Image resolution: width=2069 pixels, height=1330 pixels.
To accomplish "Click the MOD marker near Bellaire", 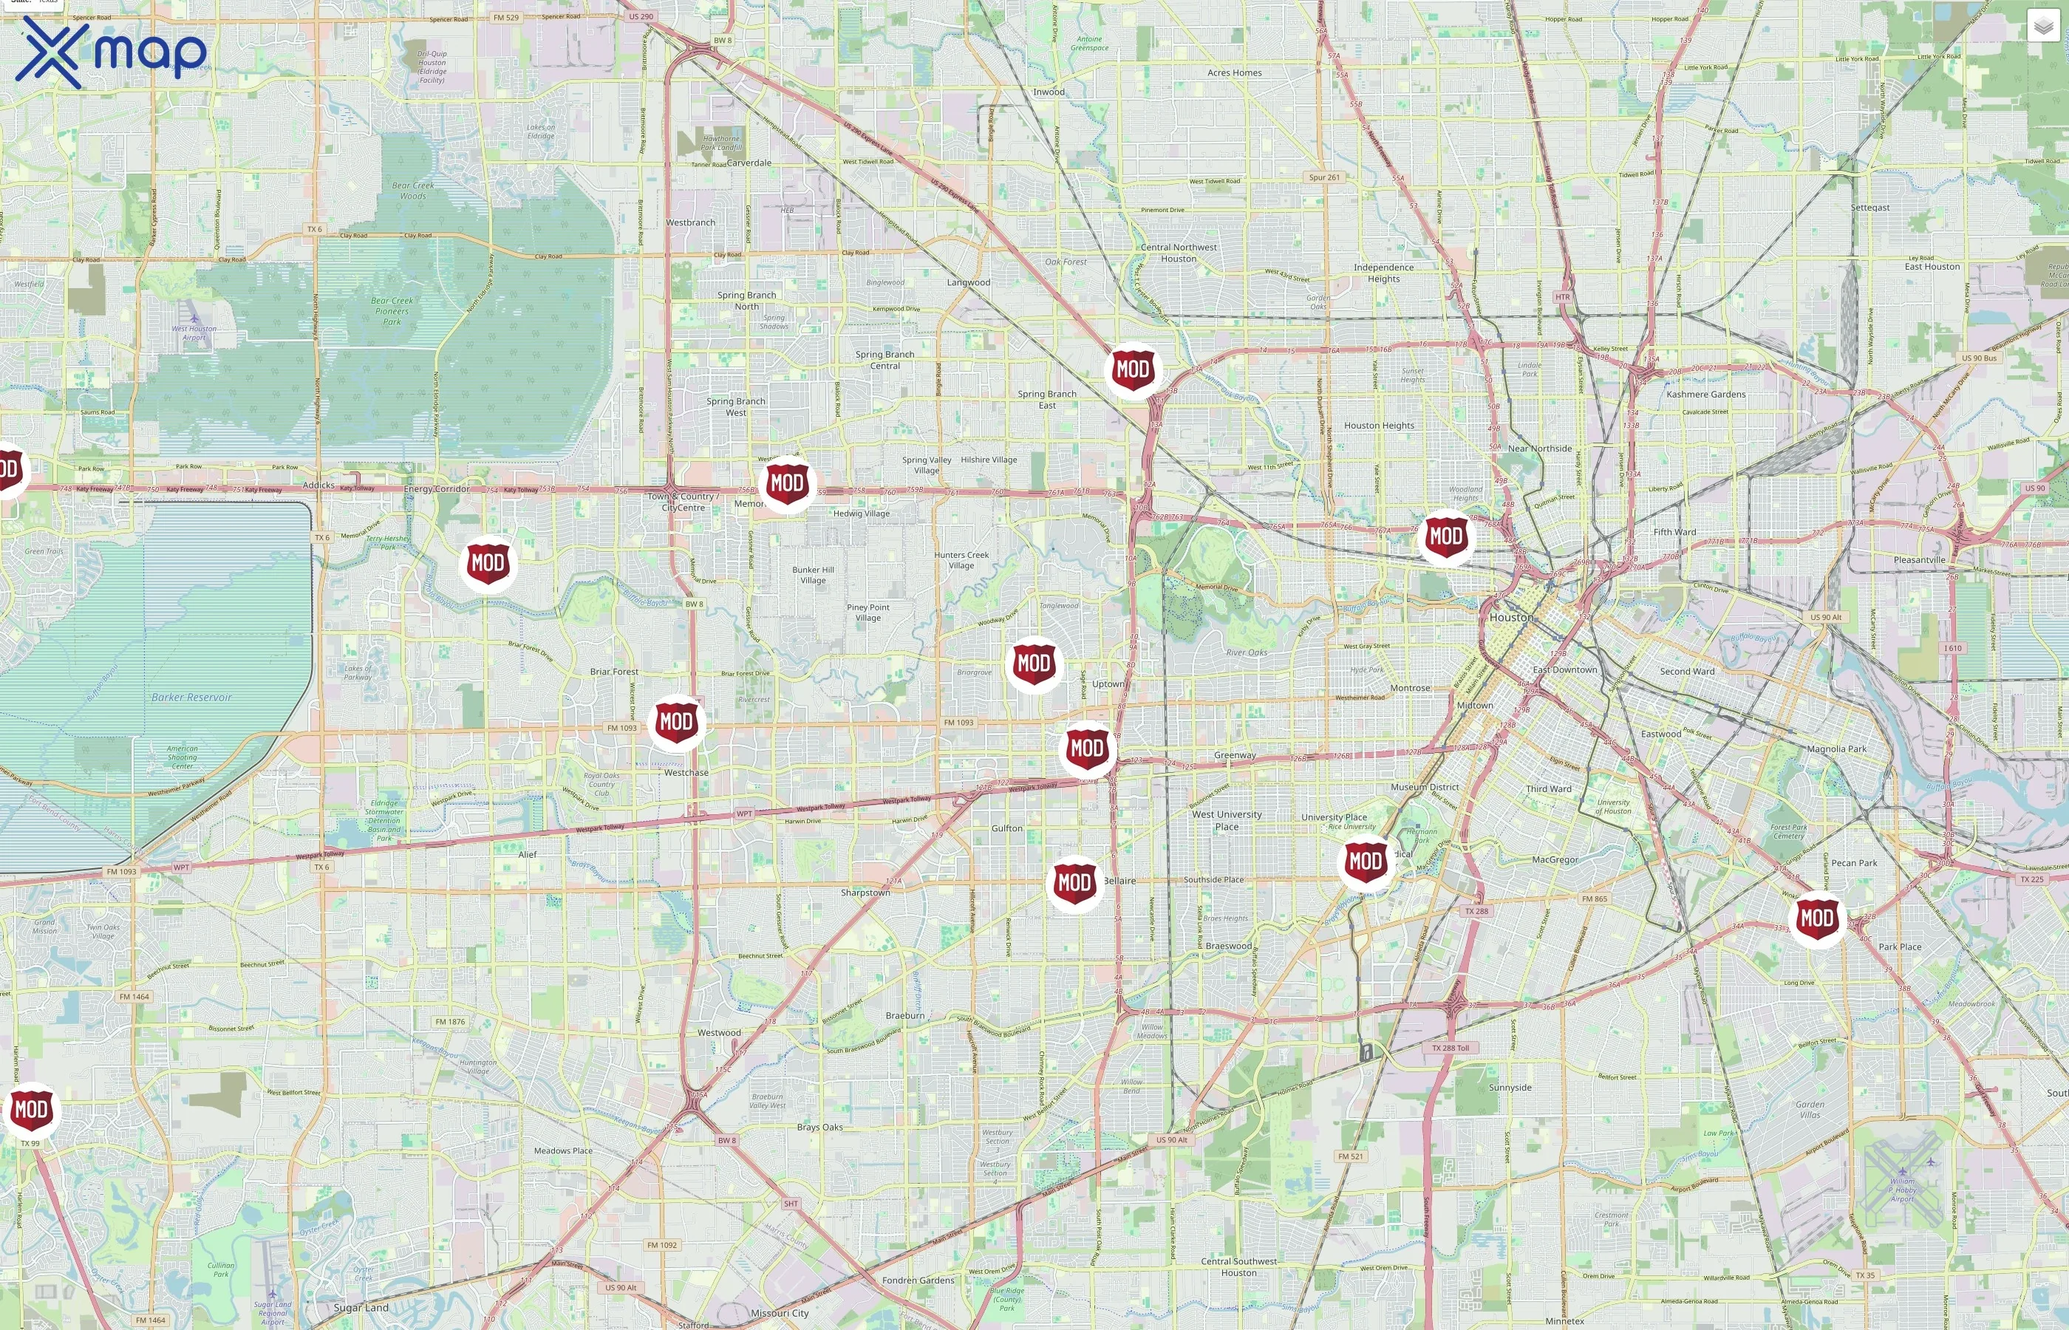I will pos(1074,883).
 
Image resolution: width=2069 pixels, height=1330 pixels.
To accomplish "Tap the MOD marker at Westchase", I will pos(675,722).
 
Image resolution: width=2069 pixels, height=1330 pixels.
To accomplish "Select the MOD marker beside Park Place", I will pos(1816,918).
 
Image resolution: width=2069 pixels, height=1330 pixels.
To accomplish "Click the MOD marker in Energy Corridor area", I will pos(488,563).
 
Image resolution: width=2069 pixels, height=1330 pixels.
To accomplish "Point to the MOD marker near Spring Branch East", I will pos(1132,369).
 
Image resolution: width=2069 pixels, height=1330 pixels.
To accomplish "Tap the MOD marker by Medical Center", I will pos(1366,861).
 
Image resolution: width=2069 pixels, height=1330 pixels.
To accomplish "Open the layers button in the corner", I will pos(2042,27).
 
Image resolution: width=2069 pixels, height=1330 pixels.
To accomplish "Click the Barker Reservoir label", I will pos(191,697).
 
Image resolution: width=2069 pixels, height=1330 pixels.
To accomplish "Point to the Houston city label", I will pos(1511,618).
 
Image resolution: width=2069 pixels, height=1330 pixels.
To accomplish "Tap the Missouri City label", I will pos(779,1313).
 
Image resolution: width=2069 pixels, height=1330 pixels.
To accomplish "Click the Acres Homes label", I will pos(1234,72).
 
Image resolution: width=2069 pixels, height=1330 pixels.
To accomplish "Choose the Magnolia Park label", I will pos(1837,748).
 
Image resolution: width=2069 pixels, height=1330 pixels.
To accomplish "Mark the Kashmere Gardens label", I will pos(1705,394).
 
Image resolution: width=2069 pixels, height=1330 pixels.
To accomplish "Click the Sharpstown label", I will pos(865,892).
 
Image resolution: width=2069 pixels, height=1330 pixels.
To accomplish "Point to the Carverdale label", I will pos(749,163).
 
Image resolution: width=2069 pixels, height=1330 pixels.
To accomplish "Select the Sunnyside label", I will pos(1510,1088).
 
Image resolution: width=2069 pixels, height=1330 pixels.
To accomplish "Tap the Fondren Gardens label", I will pos(918,1280).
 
